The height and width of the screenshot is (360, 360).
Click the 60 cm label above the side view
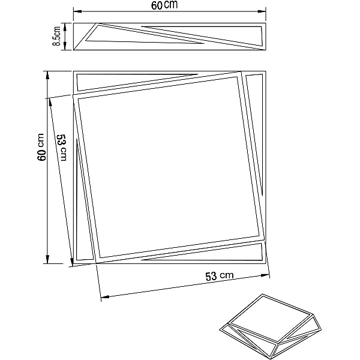[164, 5]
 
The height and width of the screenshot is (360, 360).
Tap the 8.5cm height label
[57, 36]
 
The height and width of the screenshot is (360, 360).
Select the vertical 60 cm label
[41, 147]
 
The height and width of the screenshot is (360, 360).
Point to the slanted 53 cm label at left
[61, 148]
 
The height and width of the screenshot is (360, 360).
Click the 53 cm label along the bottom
[219, 276]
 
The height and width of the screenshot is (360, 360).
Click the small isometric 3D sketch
[271, 326]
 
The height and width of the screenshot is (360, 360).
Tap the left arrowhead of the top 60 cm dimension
[77, 11]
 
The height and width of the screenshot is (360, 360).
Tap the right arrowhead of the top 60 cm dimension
[262, 11]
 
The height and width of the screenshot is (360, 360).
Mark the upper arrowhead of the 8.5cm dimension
[65, 27]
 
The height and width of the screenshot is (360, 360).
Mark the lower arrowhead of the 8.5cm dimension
[65, 46]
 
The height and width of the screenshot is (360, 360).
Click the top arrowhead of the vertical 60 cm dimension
[48, 76]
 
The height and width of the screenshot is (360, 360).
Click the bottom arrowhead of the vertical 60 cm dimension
[48, 259]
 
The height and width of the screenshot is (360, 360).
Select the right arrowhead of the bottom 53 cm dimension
[265, 275]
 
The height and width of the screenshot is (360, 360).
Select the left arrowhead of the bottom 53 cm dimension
[105, 297]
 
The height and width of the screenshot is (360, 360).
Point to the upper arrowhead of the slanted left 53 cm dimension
[50, 103]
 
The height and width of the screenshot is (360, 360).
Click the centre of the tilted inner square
[169, 167]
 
